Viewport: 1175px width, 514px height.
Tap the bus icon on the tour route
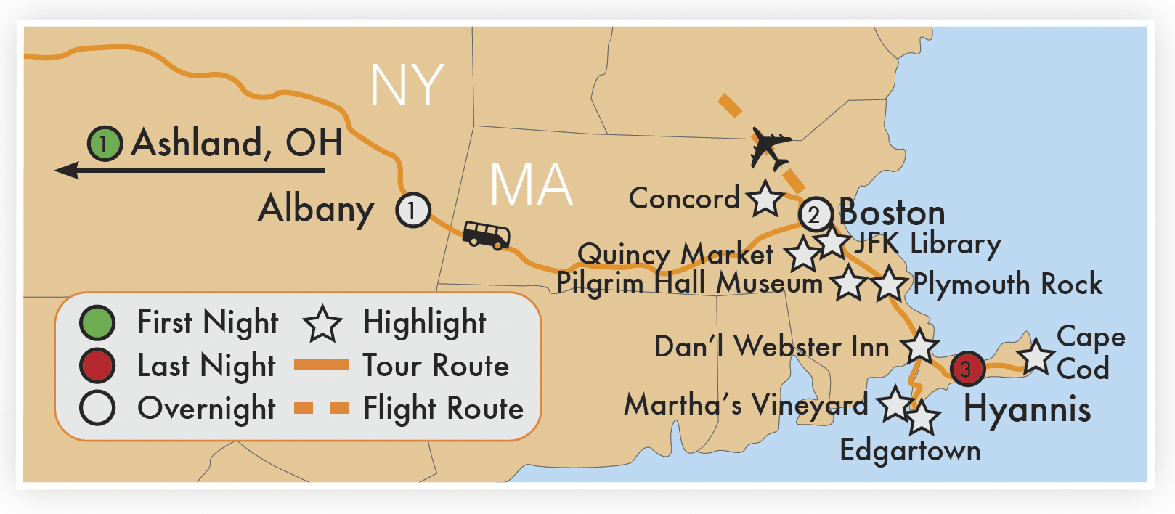click(x=486, y=235)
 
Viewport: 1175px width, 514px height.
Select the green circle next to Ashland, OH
click(x=105, y=144)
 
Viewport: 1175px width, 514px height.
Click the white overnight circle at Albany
click(x=413, y=210)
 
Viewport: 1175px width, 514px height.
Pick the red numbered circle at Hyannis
click(x=967, y=369)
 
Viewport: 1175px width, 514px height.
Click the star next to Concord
click(x=765, y=198)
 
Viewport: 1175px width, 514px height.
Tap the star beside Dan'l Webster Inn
click(x=919, y=346)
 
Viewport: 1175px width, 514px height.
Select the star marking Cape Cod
click(x=1036, y=356)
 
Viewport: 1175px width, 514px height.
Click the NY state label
click(x=407, y=86)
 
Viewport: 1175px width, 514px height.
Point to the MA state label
click(x=531, y=184)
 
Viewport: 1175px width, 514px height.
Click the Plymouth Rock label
click(x=1007, y=284)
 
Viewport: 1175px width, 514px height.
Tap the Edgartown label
click(x=910, y=451)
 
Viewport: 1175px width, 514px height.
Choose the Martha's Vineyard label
click(x=746, y=404)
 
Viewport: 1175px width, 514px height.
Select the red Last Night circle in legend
click(x=97, y=365)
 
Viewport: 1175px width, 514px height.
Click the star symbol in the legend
click(x=322, y=324)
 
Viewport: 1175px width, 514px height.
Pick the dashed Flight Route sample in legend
click(x=322, y=408)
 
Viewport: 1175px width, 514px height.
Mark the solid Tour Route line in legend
click(x=322, y=365)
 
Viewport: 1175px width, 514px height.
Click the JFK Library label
click(x=927, y=243)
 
